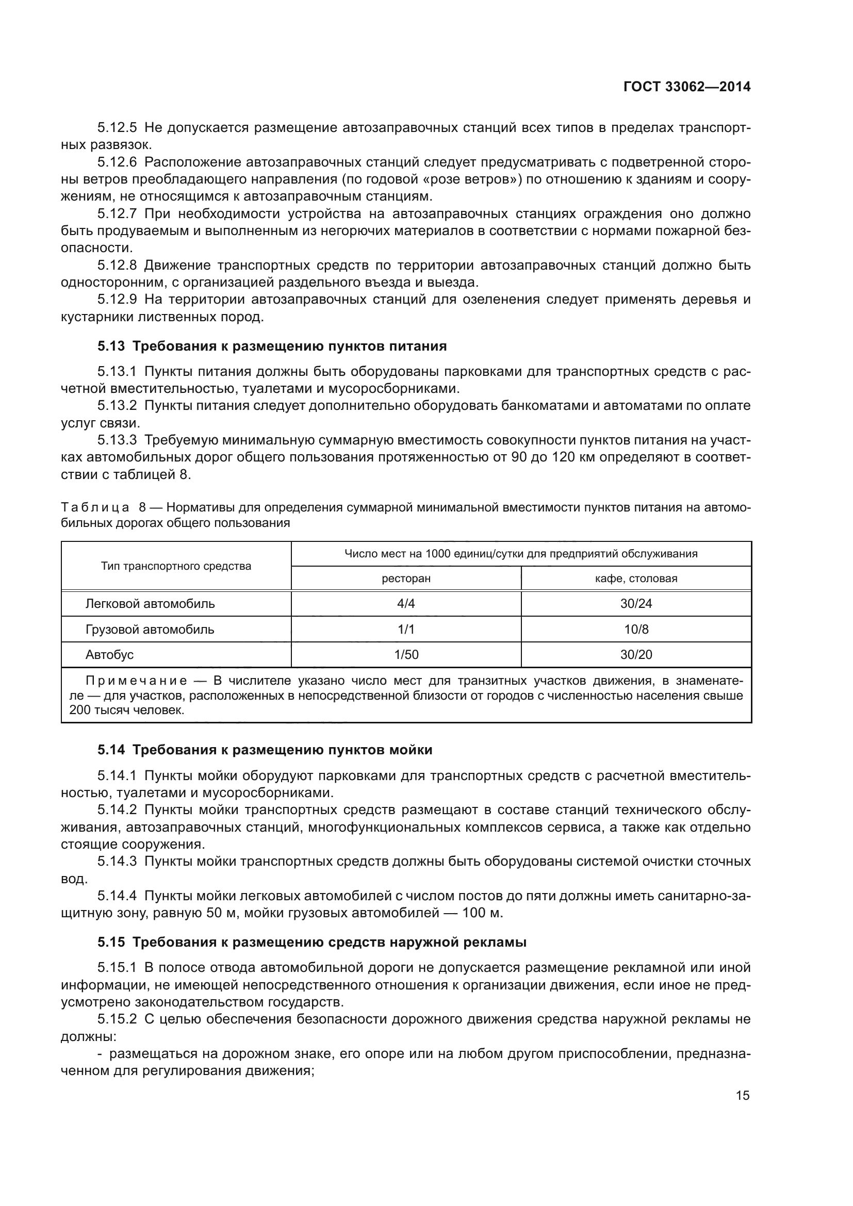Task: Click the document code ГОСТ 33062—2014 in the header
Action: (x=686, y=87)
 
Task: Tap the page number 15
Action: (x=743, y=1095)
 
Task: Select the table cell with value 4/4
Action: (x=405, y=604)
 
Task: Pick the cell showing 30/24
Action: (x=635, y=604)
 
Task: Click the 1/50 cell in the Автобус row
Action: (x=405, y=654)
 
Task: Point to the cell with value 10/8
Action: (x=635, y=629)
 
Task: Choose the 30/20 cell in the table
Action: (x=635, y=654)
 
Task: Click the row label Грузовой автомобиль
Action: (x=150, y=629)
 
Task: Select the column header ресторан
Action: (x=405, y=579)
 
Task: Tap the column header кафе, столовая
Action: (x=635, y=579)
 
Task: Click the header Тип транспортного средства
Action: (x=176, y=566)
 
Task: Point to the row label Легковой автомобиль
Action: (x=150, y=604)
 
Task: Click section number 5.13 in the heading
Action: (x=111, y=346)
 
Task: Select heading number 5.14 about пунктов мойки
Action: (x=111, y=750)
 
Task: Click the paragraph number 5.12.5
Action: (x=117, y=128)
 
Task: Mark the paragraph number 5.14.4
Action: (x=117, y=896)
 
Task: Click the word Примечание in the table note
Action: (x=136, y=681)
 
